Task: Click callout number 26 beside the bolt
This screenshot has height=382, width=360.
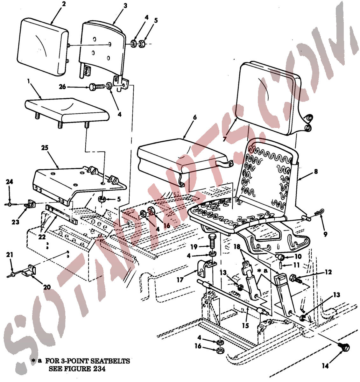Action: [x=62, y=87]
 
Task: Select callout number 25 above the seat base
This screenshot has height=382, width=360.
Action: [x=45, y=148]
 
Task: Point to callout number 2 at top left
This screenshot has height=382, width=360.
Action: [x=64, y=4]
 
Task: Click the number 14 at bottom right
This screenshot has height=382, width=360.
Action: [x=325, y=371]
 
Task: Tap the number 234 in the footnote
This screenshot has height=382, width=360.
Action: [x=99, y=369]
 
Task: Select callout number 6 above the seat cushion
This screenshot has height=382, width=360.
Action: [x=195, y=117]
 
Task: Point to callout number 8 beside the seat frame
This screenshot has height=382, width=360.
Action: [x=316, y=171]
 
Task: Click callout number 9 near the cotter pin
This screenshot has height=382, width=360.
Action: [x=325, y=234]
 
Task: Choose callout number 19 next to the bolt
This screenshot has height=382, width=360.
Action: [x=194, y=247]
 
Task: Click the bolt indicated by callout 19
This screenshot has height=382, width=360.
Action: [x=211, y=242]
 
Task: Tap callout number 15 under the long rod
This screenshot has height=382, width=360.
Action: [x=245, y=325]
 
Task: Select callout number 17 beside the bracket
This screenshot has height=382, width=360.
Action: [x=180, y=280]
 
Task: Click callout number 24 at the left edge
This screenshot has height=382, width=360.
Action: [x=10, y=181]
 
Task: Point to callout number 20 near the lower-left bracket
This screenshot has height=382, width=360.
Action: [x=47, y=287]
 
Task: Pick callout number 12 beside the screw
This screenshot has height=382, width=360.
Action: [x=328, y=272]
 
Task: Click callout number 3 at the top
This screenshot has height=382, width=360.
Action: [x=125, y=6]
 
